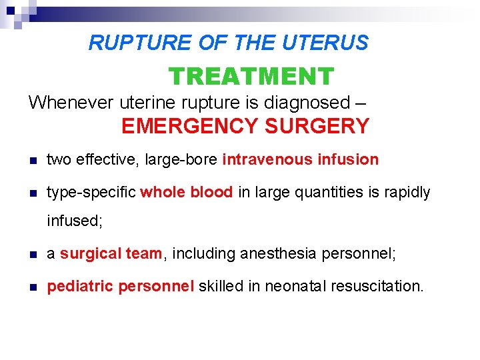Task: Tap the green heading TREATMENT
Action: click(251, 77)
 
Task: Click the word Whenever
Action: click(71, 103)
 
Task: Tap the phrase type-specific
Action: click(91, 193)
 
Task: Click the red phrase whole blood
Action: click(187, 193)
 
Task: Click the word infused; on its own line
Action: click(75, 221)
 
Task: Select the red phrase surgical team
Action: click(111, 254)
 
